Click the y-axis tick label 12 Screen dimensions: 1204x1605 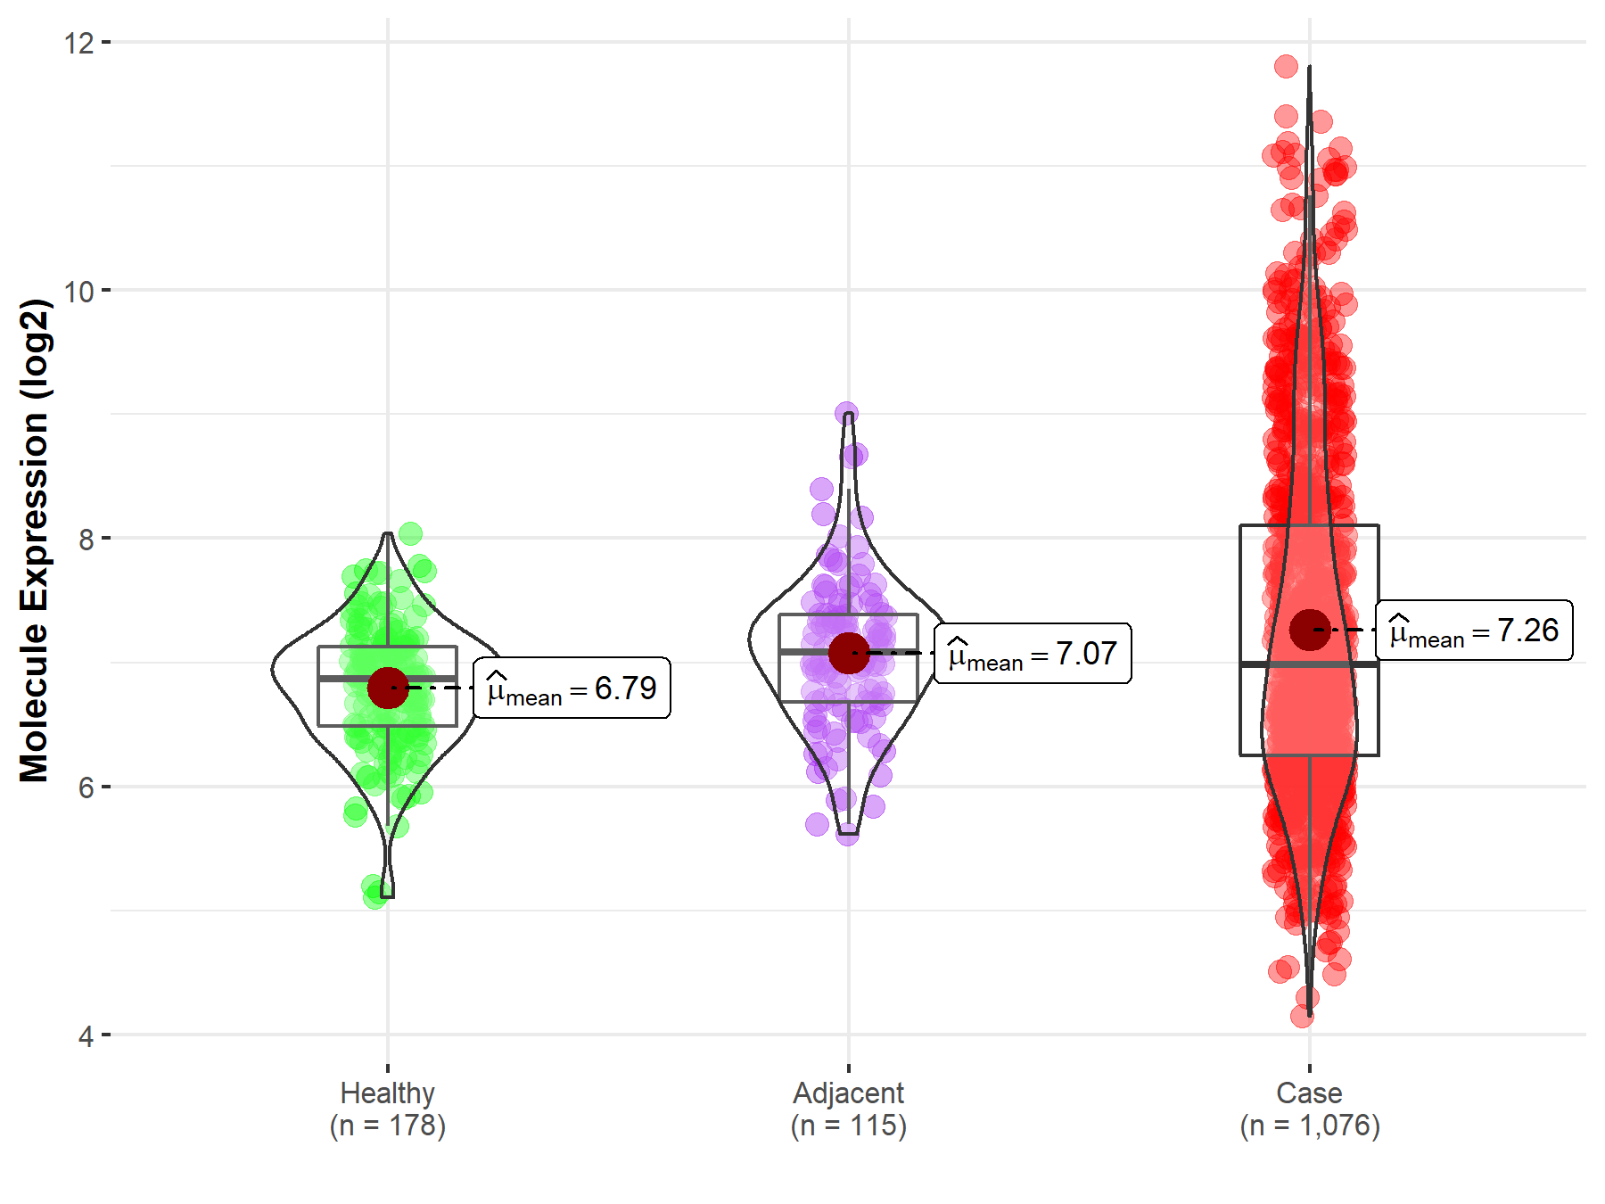tap(78, 43)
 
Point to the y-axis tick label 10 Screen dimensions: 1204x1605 tap(78, 291)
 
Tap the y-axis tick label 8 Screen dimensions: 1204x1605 tap(86, 539)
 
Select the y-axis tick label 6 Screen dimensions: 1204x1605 tap(86, 788)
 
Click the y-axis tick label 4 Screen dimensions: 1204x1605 tap(86, 1036)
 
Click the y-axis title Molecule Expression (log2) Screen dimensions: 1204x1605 tap(34, 540)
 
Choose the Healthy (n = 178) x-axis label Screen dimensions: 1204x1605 tap(388, 1109)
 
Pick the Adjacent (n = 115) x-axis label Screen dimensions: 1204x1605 tap(848, 1109)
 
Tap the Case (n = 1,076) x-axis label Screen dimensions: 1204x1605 tap(1309, 1109)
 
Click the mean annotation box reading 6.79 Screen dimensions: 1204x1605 tap(572, 689)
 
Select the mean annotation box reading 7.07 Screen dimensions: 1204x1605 tap(1033, 654)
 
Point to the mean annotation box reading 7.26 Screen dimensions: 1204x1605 tap(1474, 631)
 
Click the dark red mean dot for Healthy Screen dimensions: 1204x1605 tap(388, 688)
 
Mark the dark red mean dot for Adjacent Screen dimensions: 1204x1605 tap(848, 653)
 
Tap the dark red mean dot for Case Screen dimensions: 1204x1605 tap(1309, 630)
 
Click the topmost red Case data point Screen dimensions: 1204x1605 tap(1286, 66)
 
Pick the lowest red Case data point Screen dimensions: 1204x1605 tap(1302, 1016)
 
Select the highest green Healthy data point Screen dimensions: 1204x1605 tap(410, 533)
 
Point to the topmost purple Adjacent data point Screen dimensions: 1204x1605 tap(846, 413)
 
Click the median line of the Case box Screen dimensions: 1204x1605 tap(1309, 664)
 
